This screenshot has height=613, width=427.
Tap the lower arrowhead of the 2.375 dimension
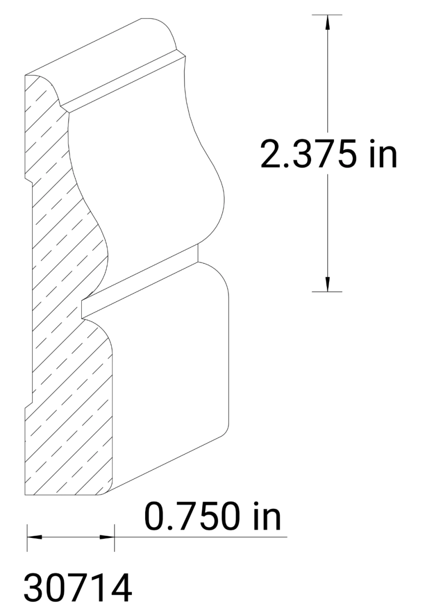327,284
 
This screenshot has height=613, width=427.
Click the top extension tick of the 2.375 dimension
327,14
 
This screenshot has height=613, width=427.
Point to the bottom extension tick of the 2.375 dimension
327,292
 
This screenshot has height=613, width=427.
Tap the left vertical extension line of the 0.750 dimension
27,536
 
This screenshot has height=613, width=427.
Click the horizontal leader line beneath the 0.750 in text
204,537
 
